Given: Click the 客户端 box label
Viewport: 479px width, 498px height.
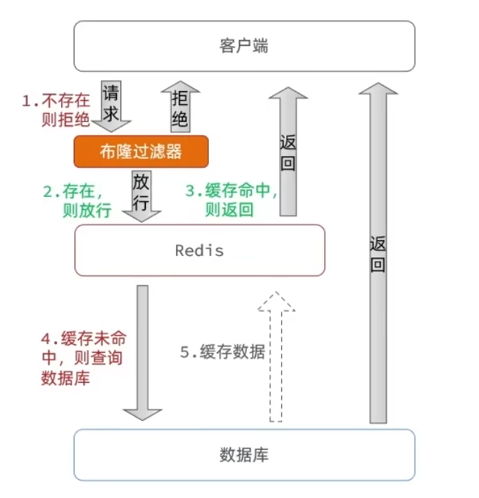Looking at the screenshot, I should coord(244,46).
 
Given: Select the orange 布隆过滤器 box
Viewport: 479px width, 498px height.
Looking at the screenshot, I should coord(141,151).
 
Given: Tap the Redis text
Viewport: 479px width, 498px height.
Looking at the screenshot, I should coord(199,250).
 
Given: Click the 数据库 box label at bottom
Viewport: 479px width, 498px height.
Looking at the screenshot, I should coord(244,455).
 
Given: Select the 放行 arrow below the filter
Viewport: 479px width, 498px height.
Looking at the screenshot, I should coord(142,192).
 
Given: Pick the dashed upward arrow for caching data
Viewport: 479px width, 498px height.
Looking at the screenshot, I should coord(276,357).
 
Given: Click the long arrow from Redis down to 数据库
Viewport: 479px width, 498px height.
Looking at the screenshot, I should coord(142,350).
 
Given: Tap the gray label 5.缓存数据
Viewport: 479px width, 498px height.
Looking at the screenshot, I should coord(223,352).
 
